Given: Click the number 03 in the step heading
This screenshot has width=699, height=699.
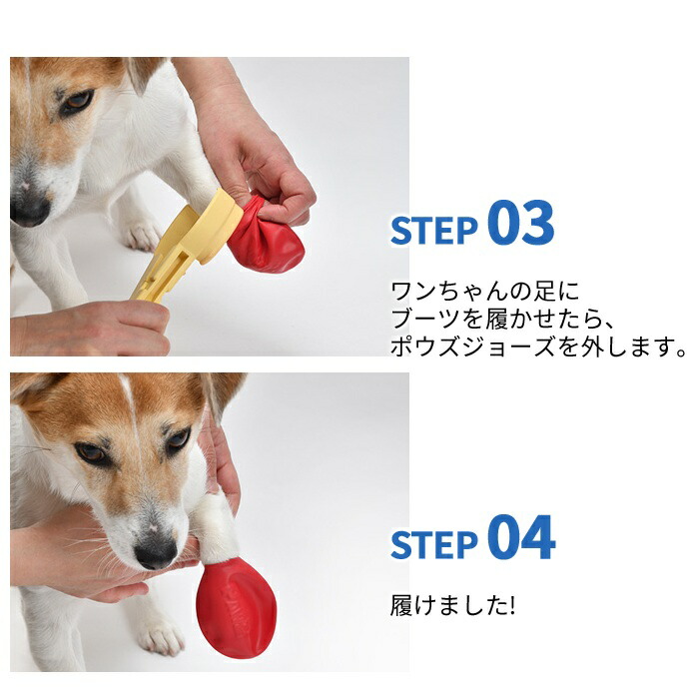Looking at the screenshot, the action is click(520, 223).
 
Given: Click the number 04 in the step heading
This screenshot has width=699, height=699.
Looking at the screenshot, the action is click(521, 537).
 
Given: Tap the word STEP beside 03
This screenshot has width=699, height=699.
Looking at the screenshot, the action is click(434, 231).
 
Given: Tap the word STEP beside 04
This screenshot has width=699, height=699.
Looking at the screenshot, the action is click(434, 545).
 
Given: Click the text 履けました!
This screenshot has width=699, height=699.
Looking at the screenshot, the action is click(452, 605).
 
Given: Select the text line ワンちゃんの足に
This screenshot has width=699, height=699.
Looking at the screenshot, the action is click(484, 292).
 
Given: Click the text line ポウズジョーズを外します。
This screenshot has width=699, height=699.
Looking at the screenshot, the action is click(538, 347).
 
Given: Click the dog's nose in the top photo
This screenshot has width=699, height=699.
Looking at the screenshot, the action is click(29, 210).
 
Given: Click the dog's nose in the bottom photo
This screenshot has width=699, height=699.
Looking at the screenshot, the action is click(156, 553).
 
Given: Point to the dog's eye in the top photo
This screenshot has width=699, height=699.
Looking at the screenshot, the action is click(77, 102).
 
